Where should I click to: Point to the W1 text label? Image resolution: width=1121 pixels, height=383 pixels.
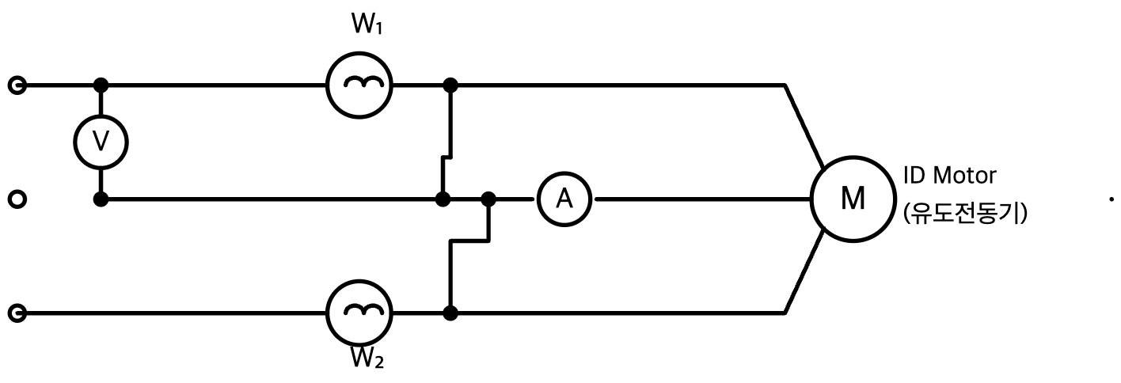[x=367, y=24]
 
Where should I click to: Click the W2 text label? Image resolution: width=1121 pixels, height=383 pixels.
[x=367, y=358]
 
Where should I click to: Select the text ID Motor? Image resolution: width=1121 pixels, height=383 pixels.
[x=950, y=176]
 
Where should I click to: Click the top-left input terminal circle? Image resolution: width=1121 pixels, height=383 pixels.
[x=17, y=85]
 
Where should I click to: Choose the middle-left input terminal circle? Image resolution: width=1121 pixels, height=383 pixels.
[x=17, y=199]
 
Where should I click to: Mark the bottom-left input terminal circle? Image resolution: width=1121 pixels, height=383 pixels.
[x=17, y=313]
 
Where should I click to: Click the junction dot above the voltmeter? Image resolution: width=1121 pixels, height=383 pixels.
[x=101, y=85]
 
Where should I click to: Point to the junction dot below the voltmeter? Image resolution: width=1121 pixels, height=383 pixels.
[x=101, y=199]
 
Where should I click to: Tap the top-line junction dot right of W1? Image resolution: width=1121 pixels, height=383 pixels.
[x=450, y=85]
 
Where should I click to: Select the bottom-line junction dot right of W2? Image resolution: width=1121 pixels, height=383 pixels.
[x=450, y=313]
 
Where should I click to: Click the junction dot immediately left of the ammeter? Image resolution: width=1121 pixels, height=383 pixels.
[x=488, y=199]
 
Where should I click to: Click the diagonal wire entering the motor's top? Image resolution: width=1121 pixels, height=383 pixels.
[x=804, y=126]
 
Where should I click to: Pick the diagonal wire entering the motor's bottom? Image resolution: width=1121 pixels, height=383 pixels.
[x=804, y=272]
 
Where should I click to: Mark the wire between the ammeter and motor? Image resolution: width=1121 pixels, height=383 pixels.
[x=702, y=199]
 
